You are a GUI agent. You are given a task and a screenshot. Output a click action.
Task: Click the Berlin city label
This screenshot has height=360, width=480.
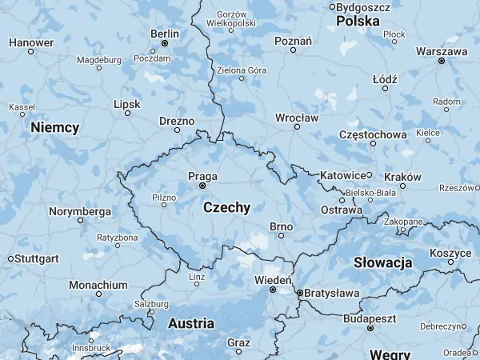[x=165, y=34]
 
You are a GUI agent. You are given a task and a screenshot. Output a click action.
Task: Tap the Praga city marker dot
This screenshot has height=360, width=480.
[x=202, y=186]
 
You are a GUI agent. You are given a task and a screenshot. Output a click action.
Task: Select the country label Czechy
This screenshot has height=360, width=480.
[x=226, y=207]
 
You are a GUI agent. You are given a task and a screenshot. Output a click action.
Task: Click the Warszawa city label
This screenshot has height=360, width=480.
[x=442, y=51]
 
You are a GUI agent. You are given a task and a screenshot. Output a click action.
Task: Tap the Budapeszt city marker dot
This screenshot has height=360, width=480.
[x=370, y=328]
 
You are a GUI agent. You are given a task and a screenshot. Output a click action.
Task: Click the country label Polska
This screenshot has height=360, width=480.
[x=358, y=22]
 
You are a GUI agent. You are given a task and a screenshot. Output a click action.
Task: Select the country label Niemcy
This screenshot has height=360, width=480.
[x=54, y=127]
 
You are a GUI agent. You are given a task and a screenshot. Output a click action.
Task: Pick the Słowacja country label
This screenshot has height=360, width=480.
[x=382, y=262]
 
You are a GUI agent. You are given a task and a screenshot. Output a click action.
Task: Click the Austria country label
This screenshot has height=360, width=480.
[x=190, y=323]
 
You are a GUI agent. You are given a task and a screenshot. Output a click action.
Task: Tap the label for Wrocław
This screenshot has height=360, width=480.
[x=297, y=118]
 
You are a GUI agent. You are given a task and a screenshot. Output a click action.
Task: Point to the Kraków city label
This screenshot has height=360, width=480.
[x=402, y=177]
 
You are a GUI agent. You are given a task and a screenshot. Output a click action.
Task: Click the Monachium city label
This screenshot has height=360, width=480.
[x=98, y=285]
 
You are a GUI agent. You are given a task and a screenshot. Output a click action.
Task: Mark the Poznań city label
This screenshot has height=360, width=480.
[x=293, y=40]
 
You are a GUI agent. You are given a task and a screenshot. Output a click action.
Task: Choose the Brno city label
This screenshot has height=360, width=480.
[x=281, y=226]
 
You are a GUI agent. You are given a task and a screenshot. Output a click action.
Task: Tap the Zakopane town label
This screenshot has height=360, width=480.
[x=403, y=221]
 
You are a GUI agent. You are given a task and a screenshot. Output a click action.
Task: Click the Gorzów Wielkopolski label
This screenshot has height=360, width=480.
[x=230, y=19]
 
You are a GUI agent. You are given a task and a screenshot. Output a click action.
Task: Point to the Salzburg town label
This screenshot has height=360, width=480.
[x=151, y=304]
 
